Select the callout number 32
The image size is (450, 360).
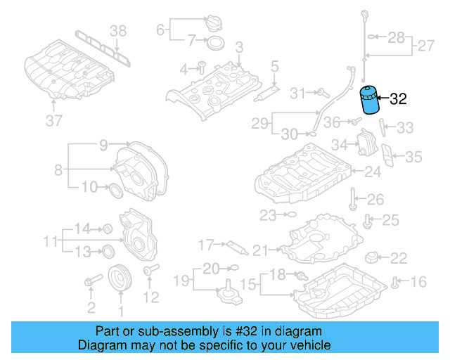click(398, 100)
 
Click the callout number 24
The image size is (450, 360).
click(372, 171)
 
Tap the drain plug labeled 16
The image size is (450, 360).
click(397, 283)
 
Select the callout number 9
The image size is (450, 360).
click(103, 146)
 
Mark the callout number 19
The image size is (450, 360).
click(181, 281)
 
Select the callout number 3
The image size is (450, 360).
click(239, 47)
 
